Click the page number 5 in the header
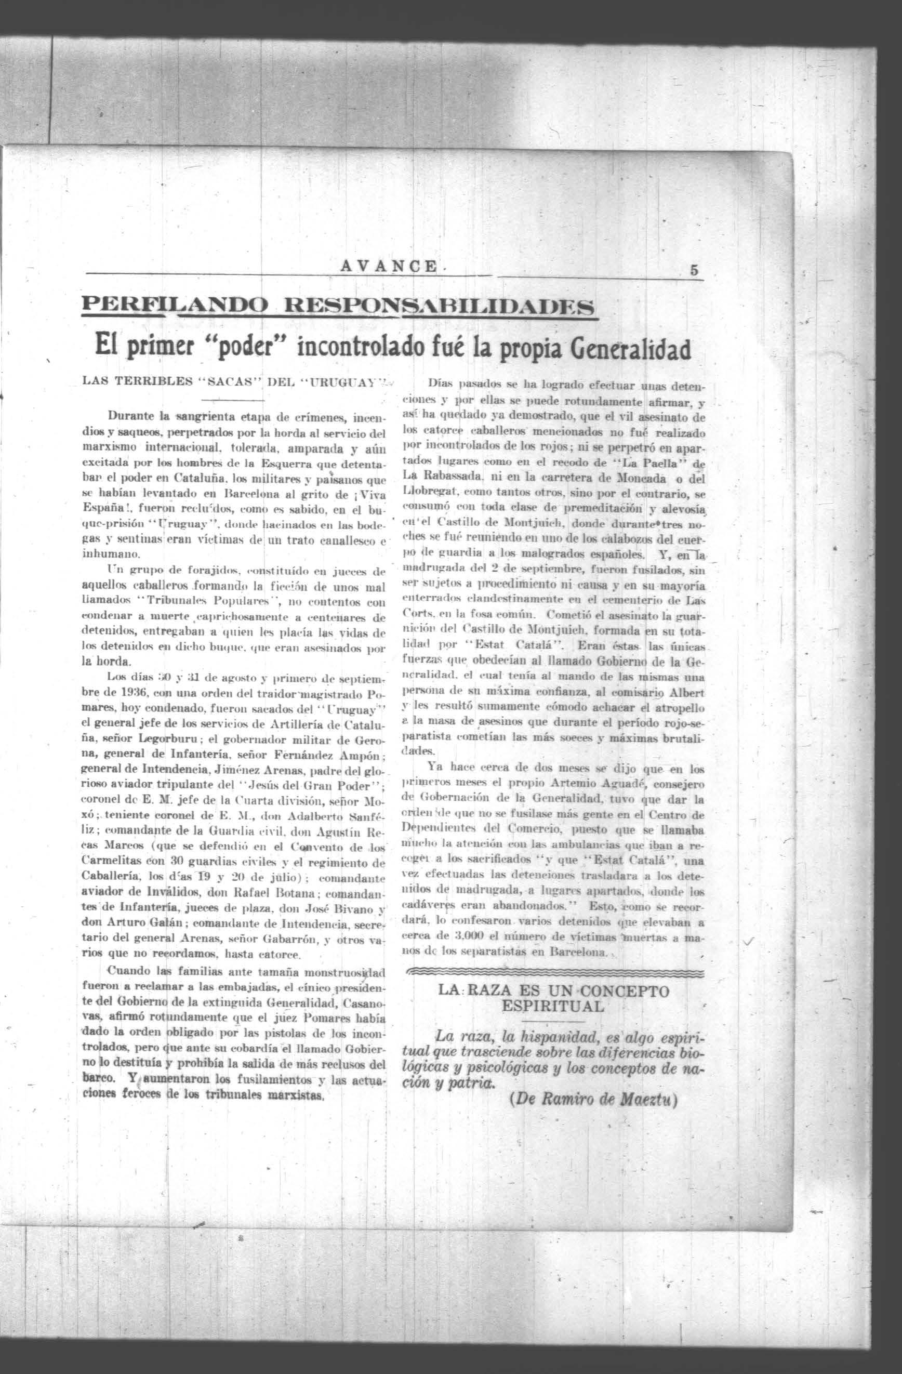coord(694,270)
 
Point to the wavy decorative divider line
coord(554,974)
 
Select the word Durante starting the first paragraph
coord(132,415)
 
